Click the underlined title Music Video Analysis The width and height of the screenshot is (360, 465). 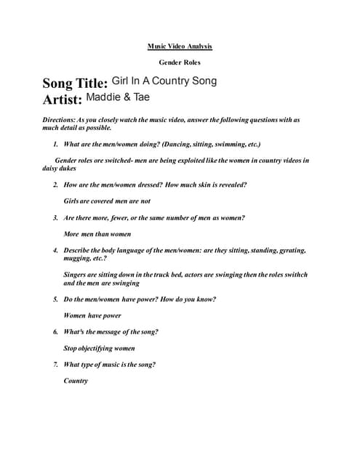pos(180,46)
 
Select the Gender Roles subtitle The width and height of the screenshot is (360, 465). pos(180,63)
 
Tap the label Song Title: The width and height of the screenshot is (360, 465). pos(75,84)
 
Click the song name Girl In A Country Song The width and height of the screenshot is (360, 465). pos(164,81)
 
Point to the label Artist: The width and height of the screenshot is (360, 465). pos(62,100)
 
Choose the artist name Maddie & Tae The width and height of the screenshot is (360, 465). pos(118,97)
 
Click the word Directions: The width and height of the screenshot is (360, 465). pos(61,119)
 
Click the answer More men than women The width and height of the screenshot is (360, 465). pos(97,234)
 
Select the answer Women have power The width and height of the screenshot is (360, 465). pos(92,316)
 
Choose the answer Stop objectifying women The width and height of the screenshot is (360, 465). pos(99,349)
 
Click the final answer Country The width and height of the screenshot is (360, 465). pos(76,381)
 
